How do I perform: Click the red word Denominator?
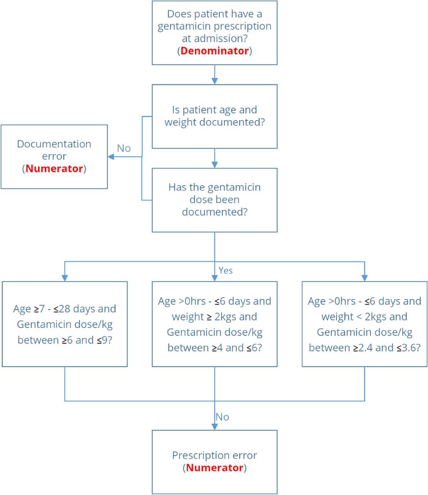(x=214, y=51)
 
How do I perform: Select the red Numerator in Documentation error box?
(x=54, y=168)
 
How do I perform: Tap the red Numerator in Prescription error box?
(x=215, y=468)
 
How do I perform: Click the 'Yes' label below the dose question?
(x=225, y=271)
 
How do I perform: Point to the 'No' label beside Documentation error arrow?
(x=124, y=148)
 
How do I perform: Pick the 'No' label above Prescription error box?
(x=223, y=417)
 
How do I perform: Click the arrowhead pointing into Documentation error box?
(x=111, y=157)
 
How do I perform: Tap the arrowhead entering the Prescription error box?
(x=215, y=427)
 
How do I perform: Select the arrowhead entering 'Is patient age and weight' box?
(x=215, y=81)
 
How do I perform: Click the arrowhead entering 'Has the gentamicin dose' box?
(x=215, y=164)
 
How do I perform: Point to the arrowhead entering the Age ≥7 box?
(x=65, y=278)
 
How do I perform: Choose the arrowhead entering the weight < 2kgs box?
(x=365, y=278)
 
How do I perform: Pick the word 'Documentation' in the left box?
(x=54, y=144)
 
